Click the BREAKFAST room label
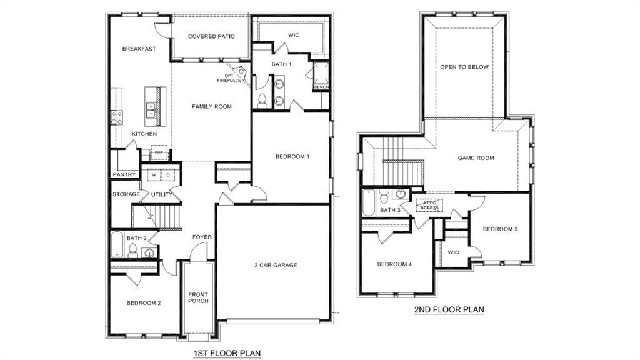pos(139,49)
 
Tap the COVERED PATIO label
pos(211,36)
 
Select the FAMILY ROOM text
pos(211,106)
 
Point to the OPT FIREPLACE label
pos(229,77)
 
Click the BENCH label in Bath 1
pos(321,87)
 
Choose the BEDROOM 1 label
pos(292,156)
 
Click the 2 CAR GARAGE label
pos(276,265)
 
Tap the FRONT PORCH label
pos(199,297)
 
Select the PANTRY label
pos(124,174)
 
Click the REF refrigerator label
pos(159,152)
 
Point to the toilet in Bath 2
pos(132,251)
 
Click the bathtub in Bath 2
pos(117,245)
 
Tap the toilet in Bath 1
pos(262,101)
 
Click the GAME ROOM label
pos(476,158)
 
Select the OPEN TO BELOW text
pos(464,67)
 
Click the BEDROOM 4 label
pos(394,264)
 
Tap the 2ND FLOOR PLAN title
pos(449,309)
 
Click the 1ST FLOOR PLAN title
pos(227,353)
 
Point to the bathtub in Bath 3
pos(369,202)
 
